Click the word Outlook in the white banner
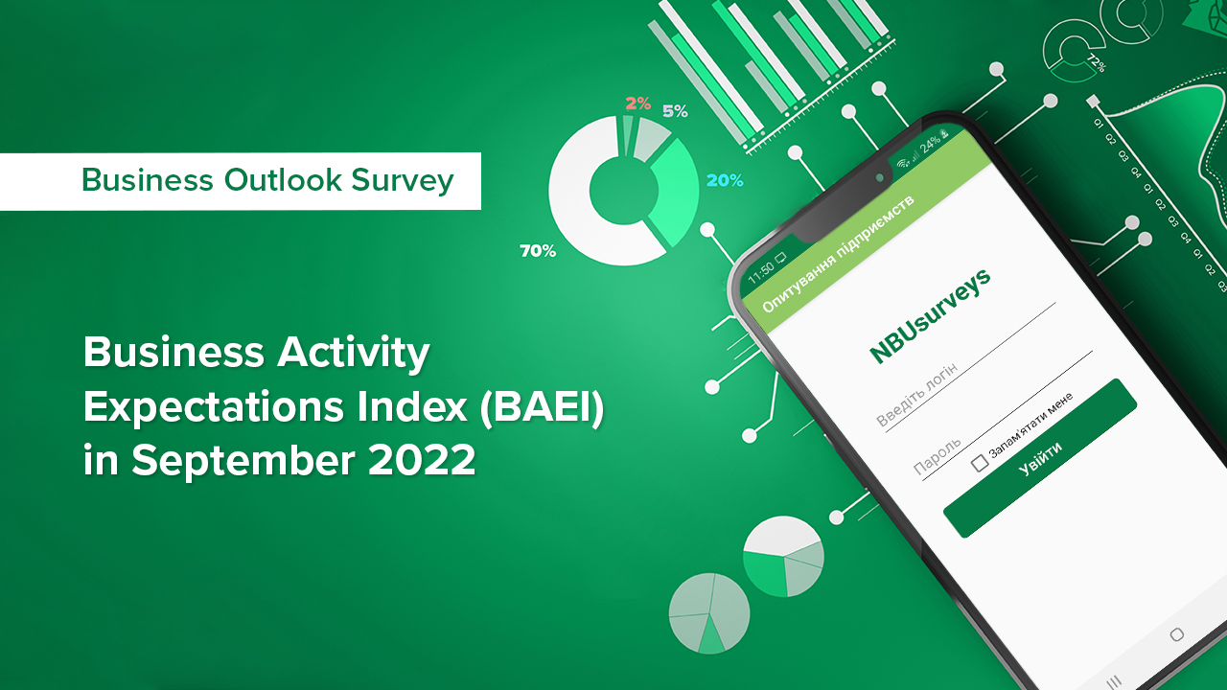(x=283, y=180)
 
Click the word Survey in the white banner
(x=403, y=182)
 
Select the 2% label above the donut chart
(x=638, y=103)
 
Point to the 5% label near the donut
(x=675, y=112)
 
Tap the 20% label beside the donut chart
(x=725, y=180)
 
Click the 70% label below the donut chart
(x=538, y=251)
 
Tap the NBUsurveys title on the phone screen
(x=930, y=315)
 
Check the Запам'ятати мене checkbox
(x=980, y=463)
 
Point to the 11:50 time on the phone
(x=761, y=270)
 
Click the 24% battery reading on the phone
(x=930, y=145)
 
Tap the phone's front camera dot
(x=880, y=178)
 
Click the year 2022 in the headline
(x=422, y=460)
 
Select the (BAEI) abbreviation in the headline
(x=542, y=407)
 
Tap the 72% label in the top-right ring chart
(x=1097, y=63)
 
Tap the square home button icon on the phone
(x=1176, y=634)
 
